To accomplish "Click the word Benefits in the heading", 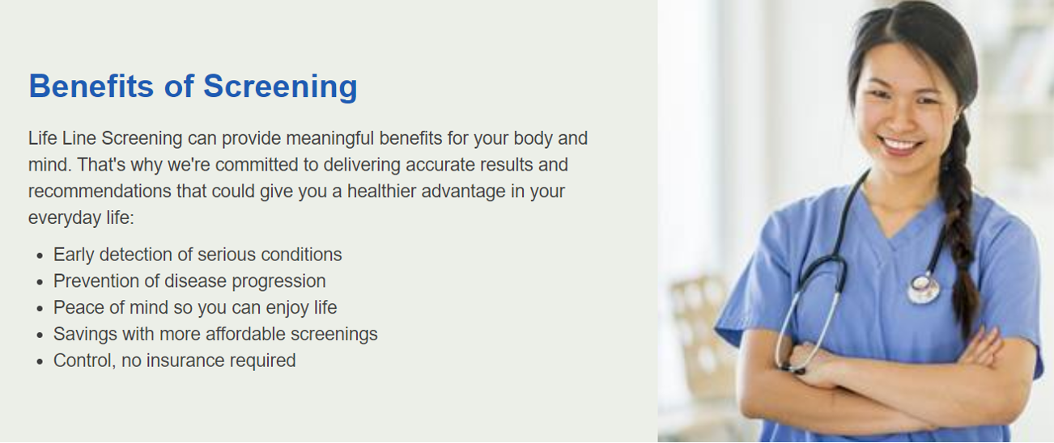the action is tap(91, 86).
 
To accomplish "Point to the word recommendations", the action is tap(100, 192).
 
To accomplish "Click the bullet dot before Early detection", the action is tap(40, 255).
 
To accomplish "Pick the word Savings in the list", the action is tap(85, 335).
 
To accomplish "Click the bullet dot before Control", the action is tap(40, 361).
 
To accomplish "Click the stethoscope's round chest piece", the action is tap(923, 289).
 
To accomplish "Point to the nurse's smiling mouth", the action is tap(900, 145).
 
